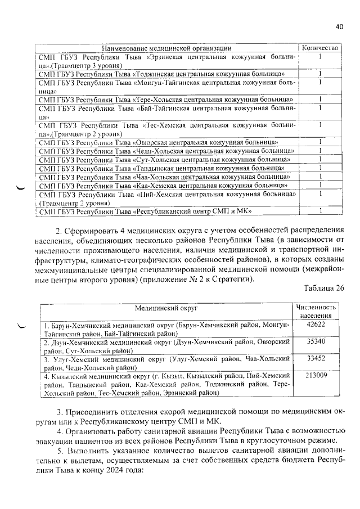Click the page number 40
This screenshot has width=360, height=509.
(x=339, y=26)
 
